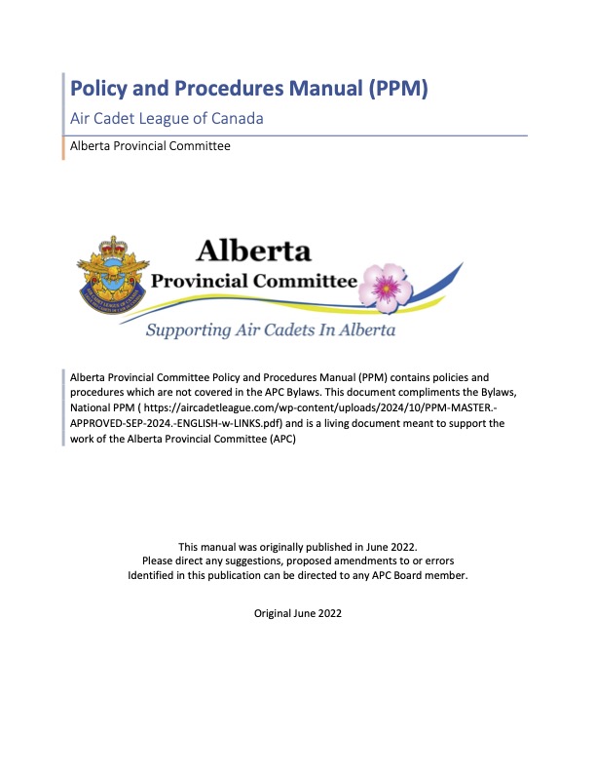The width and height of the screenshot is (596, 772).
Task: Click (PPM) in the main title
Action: [394, 89]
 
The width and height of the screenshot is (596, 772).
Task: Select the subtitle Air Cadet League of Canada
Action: [168, 119]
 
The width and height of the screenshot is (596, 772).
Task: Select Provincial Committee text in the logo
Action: [253, 282]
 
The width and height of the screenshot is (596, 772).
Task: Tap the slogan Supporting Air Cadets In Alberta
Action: [270, 330]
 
